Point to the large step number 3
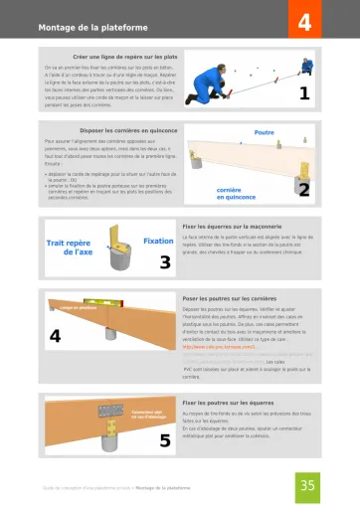(x=165, y=262)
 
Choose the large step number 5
(x=165, y=440)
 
